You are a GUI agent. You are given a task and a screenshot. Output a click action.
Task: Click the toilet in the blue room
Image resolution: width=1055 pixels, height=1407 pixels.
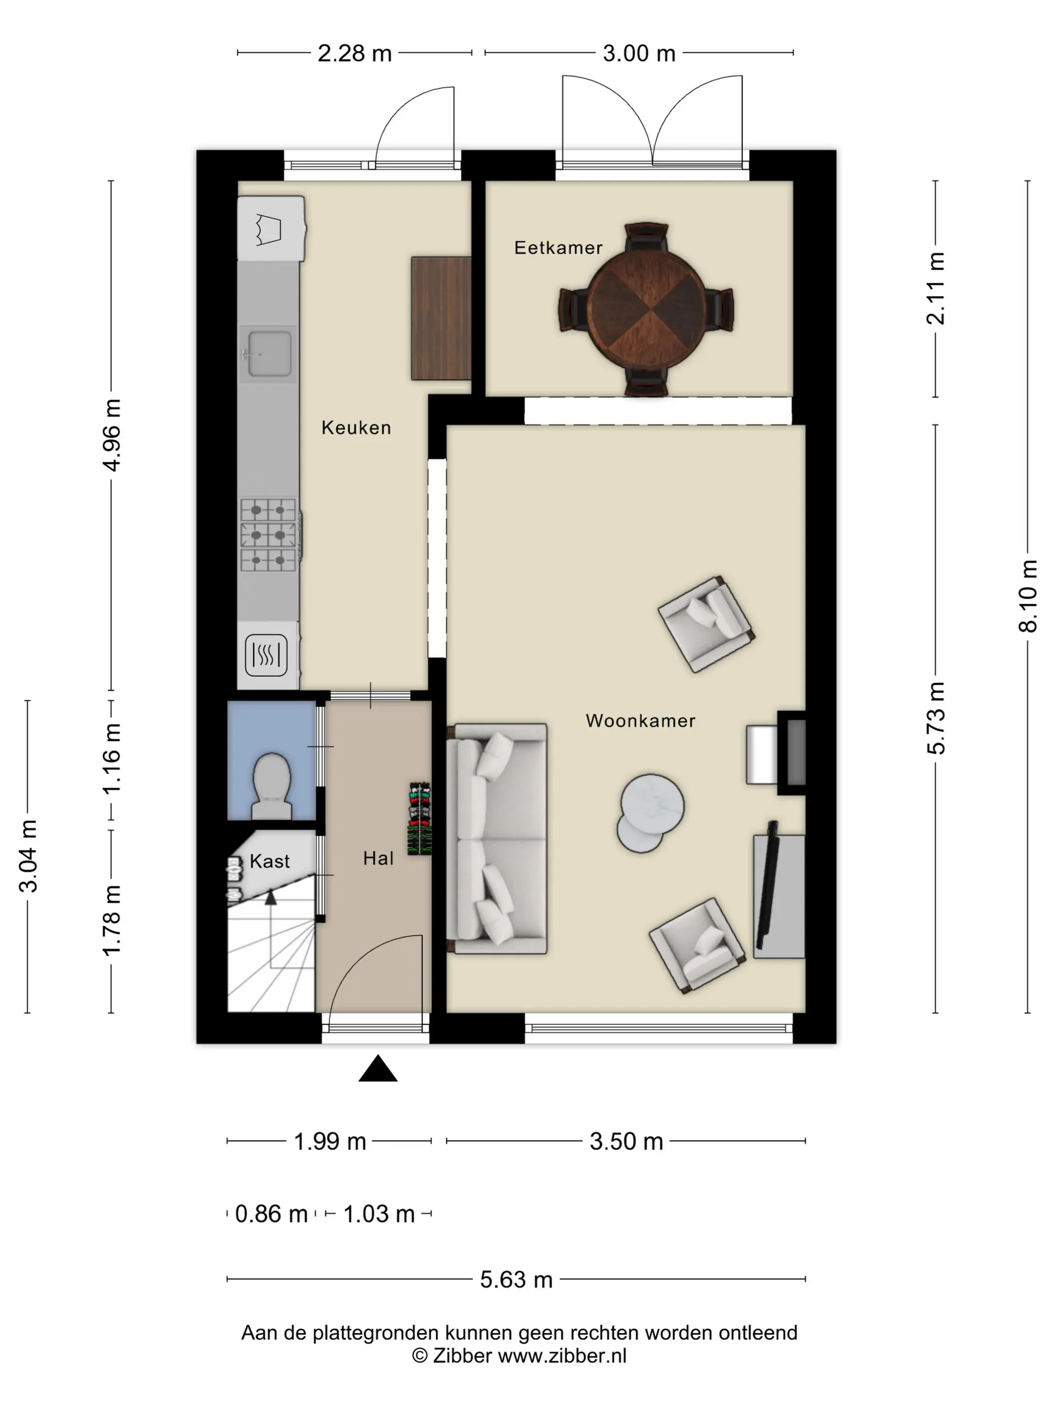pyautogui.click(x=272, y=786)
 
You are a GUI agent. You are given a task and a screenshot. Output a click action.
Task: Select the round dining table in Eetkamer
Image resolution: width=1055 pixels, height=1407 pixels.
pyautogui.click(x=647, y=311)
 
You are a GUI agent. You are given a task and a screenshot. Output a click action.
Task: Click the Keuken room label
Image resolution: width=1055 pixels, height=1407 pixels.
pyautogui.click(x=356, y=428)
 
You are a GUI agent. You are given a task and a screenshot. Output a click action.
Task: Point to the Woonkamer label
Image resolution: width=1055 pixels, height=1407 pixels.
pyautogui.click(x=641, y=721)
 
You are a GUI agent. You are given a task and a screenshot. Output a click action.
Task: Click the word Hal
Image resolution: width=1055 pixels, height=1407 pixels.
pyautogui.click(x=378, y=858)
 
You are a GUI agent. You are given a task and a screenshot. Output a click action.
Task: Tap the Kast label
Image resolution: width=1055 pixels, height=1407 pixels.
pyautogui.click(x=270, y=861)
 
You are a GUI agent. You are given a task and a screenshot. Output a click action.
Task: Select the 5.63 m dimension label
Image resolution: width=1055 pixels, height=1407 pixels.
pyautogui.click(x=516, y=1279)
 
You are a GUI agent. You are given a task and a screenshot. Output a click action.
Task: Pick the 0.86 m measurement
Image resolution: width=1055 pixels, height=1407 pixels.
pyautogui.click(x=272, y=1214)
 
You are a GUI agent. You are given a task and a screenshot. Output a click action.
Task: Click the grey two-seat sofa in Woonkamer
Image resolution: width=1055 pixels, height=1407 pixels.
pyautogui.click(x=497, y=838)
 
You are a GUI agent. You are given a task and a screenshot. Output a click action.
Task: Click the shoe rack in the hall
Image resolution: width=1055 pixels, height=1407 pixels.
pyautogui.click(x=419, y=819)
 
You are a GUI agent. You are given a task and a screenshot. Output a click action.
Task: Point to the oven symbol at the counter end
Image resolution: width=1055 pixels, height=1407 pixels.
pyautogui.click(x=266, y=655)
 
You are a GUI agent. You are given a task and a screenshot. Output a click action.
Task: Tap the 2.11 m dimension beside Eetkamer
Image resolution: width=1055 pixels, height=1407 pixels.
pyautogui.click(x=935, y=288)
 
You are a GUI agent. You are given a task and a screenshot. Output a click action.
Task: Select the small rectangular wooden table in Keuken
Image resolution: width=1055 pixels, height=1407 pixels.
pyautogui.click(x=441, y=318)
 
